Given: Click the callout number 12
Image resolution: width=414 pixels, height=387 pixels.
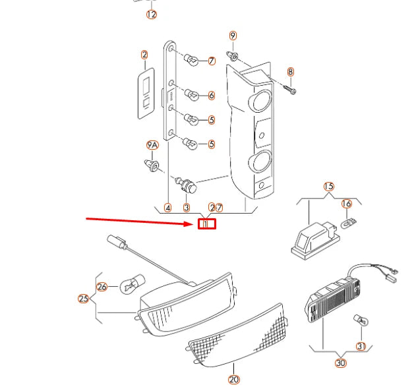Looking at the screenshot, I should (152, 15).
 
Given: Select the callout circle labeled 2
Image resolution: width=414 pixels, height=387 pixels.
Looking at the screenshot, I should (144, 55).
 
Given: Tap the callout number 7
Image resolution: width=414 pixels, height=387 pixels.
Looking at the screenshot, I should (212, 61).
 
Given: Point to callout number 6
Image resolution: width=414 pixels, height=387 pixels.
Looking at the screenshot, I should (212, 96).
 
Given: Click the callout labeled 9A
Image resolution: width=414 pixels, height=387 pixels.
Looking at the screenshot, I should (152, 144).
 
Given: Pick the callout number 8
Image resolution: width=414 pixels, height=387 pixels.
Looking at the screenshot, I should (291, 71).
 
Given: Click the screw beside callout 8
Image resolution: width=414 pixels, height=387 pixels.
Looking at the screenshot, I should (291, 86).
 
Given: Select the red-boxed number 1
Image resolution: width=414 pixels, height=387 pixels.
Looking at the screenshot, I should (207, 224).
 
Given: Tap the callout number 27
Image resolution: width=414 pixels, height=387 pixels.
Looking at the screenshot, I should (216, 207).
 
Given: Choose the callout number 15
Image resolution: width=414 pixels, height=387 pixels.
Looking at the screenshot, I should (329, 187).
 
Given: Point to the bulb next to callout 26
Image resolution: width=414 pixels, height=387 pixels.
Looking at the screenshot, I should (129, 285).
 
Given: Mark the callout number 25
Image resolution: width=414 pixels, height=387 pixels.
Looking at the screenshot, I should (84, 299).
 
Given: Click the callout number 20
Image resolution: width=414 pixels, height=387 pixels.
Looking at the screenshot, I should (234, 378).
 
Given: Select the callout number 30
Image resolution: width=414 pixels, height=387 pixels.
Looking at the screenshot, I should (340, 363).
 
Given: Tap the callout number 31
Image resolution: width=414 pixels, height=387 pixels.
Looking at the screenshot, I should (361, 345).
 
